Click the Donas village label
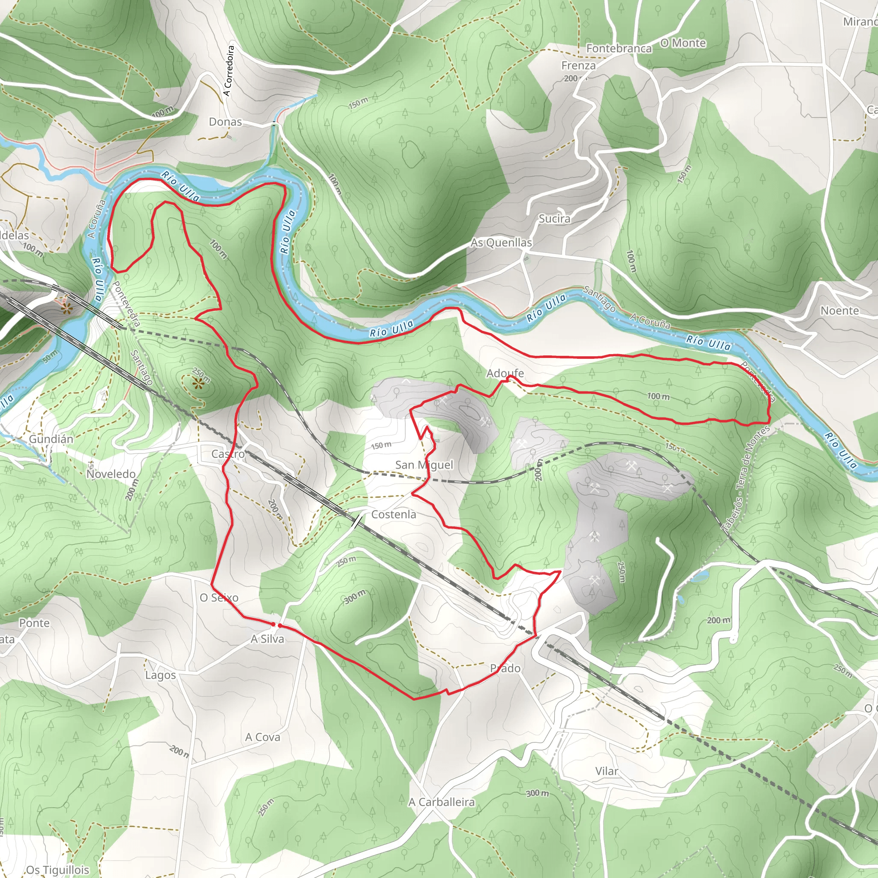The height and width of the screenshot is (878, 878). pos(225,122)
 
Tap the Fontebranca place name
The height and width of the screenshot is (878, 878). pos(619,48)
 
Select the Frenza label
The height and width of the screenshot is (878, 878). pos(578,66)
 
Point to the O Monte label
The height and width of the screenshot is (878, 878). pos(683,43)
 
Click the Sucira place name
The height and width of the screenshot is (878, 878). pos(554,219)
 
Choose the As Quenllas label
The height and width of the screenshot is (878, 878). pos(501,243)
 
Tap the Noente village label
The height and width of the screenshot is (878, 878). pos(839,311)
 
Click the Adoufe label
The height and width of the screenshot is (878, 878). pos(505,373)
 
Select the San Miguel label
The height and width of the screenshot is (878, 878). pos(424,464)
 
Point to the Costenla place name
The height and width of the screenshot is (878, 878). pos(394,514)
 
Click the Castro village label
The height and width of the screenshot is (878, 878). pos(228,454)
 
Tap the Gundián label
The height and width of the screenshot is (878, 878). pos(51,439)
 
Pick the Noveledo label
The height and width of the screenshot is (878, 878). pos(111,474)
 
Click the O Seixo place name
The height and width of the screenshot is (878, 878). pos(219,598)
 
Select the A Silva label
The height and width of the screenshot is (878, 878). pos(267,639)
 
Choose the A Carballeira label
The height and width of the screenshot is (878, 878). pos(441,802)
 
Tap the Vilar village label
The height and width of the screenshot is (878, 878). pos(606,771)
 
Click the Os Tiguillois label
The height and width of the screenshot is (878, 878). pos(57,870)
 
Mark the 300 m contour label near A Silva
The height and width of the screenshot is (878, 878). pos(355,597)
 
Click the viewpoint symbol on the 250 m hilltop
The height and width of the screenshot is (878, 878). pos(198,384)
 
